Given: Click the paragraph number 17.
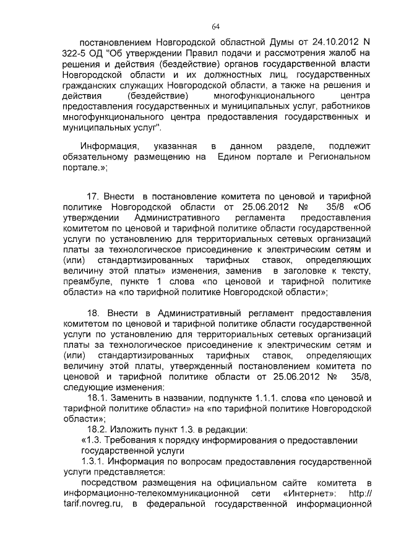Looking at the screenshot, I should [93, 196].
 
